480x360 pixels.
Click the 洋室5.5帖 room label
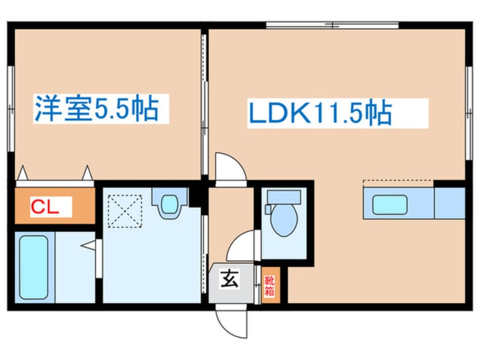click(95, 110)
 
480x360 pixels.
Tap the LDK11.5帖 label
click(319, 113)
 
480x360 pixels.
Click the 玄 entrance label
click(228, 279)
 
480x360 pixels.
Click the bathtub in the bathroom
click(32, 265)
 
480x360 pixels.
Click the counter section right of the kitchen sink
click(449, 203)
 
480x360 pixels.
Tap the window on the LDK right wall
click(469, 113)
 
